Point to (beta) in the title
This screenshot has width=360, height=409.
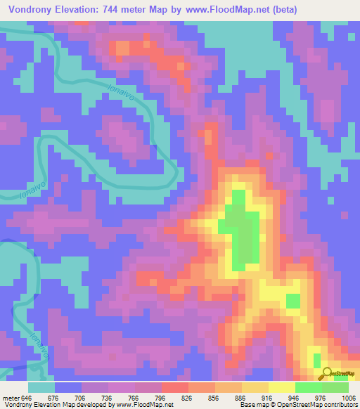coord(281,9)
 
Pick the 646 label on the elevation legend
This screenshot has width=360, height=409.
coord(27,398)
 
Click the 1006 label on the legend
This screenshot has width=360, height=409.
coord(347,398)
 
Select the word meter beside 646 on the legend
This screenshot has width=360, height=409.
coord(10,398)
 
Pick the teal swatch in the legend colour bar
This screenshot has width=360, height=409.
coord(41,387)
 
